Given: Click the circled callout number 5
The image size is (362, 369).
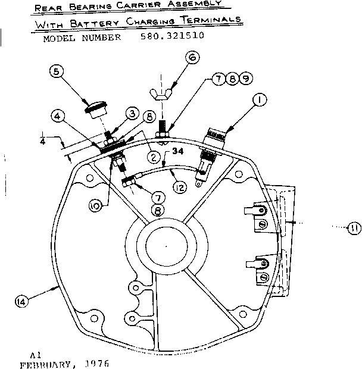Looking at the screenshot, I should pyautogui.click(x=57, y=73).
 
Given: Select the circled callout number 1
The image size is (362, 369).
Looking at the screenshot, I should pyautogui.click(x=260, y=102).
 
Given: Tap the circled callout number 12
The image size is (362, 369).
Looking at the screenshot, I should pyautogui.click(x=180, y=187).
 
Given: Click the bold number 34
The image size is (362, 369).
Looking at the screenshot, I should pyautogui.click(x=177, y=152).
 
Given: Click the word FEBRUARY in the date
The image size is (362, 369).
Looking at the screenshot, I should pyautogui.click(x=47, y=362).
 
